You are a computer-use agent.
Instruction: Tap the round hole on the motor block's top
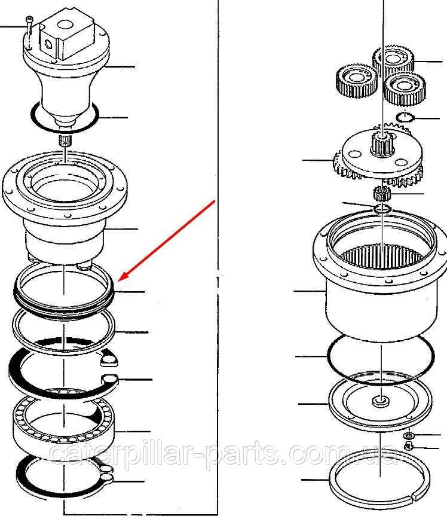tap(63, 25)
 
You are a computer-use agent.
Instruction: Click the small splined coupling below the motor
tap(65, 141)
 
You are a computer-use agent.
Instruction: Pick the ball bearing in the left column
tap(63, 425)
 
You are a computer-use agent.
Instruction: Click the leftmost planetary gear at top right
tap(356, 81)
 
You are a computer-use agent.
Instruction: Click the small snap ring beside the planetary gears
tap(405, 117)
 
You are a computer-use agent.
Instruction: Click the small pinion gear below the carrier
tap(382, 193)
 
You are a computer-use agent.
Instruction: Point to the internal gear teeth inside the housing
tap(382, 256)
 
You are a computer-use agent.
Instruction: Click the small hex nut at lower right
tap(409, 435)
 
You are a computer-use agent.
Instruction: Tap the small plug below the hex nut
tap(409, 445)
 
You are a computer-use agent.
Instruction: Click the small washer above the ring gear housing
tap(382, 209)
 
